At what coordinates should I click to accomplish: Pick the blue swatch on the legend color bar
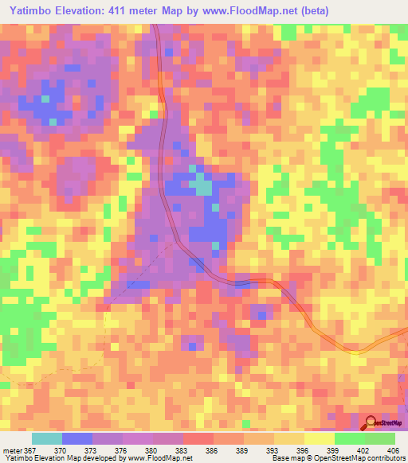76,438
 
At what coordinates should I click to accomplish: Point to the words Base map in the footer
281,458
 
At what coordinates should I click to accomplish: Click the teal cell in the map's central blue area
204,188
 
